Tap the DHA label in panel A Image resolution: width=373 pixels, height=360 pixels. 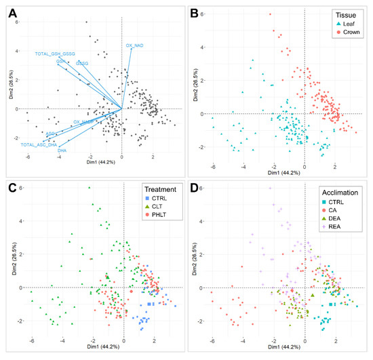pos(62,150)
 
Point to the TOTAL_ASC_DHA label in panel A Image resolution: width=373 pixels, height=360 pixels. pos(39,144)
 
